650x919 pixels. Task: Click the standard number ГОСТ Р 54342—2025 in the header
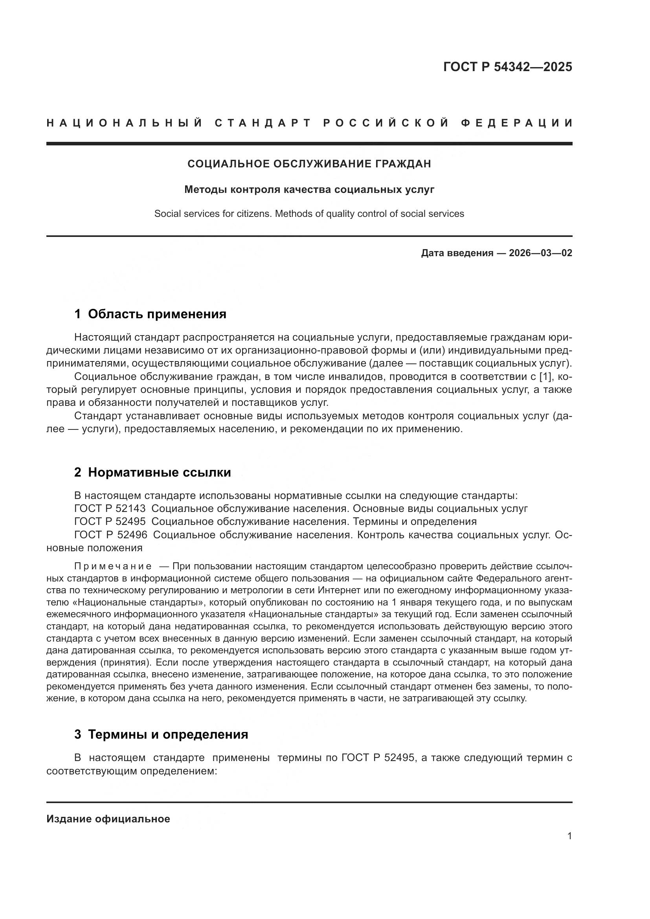coord(507,66)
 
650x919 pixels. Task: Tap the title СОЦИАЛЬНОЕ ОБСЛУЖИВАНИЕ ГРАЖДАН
coord(309,164)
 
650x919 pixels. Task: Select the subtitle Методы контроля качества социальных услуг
coord(309,189)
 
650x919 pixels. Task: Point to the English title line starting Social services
coord(309,214)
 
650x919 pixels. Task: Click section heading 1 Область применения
coord(150,314)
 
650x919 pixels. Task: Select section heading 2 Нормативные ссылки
coord(152,472)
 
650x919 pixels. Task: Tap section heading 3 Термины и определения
coord(161,734)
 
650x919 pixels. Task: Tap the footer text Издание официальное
coord(108,818)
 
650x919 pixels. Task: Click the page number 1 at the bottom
coord(569,836)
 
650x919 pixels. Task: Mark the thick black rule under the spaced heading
coord(309,143)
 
